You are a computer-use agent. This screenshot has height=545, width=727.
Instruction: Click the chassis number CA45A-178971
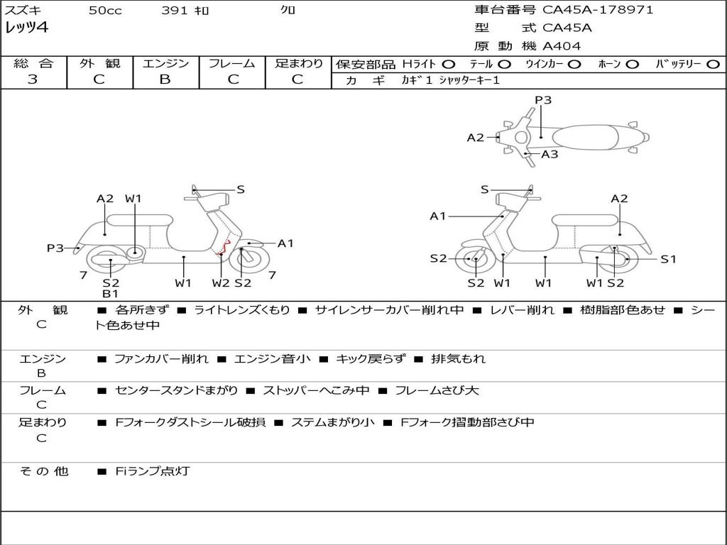(x=598, y=9)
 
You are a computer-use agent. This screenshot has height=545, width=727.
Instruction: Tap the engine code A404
(x=562, y=46)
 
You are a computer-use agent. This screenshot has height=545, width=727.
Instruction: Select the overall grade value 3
(x=33, y=79)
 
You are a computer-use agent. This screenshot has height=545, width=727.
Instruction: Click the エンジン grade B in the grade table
(x=165, y=79)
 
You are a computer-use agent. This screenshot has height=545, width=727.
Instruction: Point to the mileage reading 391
(x=175, y=10)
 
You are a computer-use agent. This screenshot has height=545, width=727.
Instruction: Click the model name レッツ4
(x=26, y=28)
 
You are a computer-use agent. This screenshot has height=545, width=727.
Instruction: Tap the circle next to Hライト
(x=448, y=65)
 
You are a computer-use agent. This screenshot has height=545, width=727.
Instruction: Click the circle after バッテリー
(x=714, y=65)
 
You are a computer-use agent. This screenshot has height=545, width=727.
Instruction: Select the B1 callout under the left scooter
(x=110, y=293)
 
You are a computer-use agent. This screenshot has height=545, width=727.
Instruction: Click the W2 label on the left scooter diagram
(x=221, y=282)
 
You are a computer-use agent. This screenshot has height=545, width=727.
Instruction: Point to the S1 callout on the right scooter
(x=668, y=259)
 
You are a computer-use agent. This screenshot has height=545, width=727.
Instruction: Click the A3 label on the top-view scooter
(x=550, y=154)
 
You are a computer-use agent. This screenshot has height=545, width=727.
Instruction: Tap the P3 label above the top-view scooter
(x=543, y=99)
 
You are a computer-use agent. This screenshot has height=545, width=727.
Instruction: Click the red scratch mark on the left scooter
(x=224, y=249)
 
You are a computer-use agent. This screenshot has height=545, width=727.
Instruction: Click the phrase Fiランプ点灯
(x=153, y=471)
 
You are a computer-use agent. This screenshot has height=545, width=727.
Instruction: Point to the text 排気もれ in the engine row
(x=458, y=358)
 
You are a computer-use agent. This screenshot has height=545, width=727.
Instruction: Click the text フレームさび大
(x=437, y=390)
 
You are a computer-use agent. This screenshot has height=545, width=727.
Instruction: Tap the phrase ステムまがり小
(x=332, y=422)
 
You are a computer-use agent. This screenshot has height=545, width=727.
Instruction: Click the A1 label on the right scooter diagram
(x=437, y=216)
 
